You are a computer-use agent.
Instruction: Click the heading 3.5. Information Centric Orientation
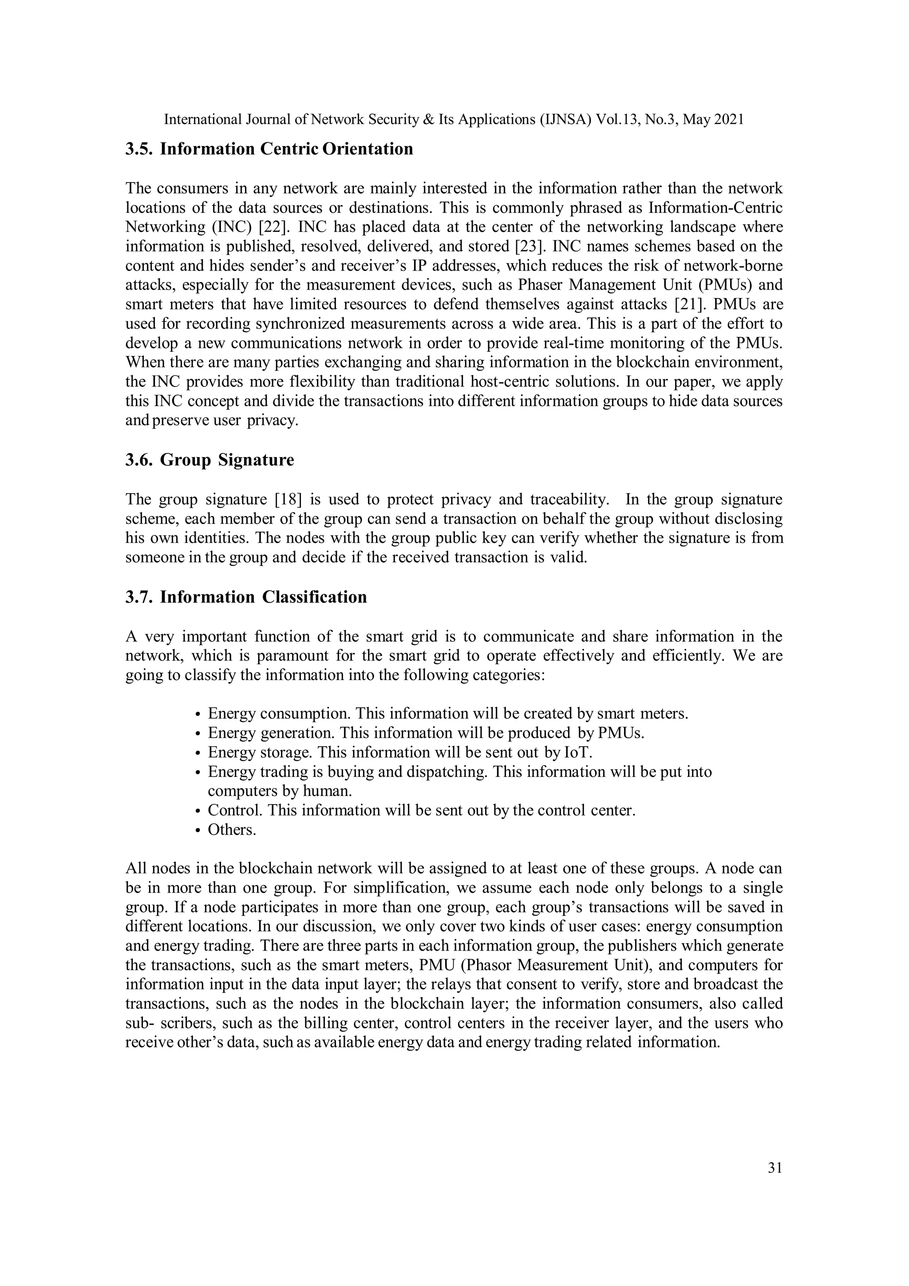[x=269, y=149]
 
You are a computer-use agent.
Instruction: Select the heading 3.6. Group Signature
[x=209, y=460]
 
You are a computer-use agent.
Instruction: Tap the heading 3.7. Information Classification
[x=246, y=597]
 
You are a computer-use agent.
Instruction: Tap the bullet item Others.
[x=232, y=829]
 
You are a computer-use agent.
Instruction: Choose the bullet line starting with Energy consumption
[x=448, y=713]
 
